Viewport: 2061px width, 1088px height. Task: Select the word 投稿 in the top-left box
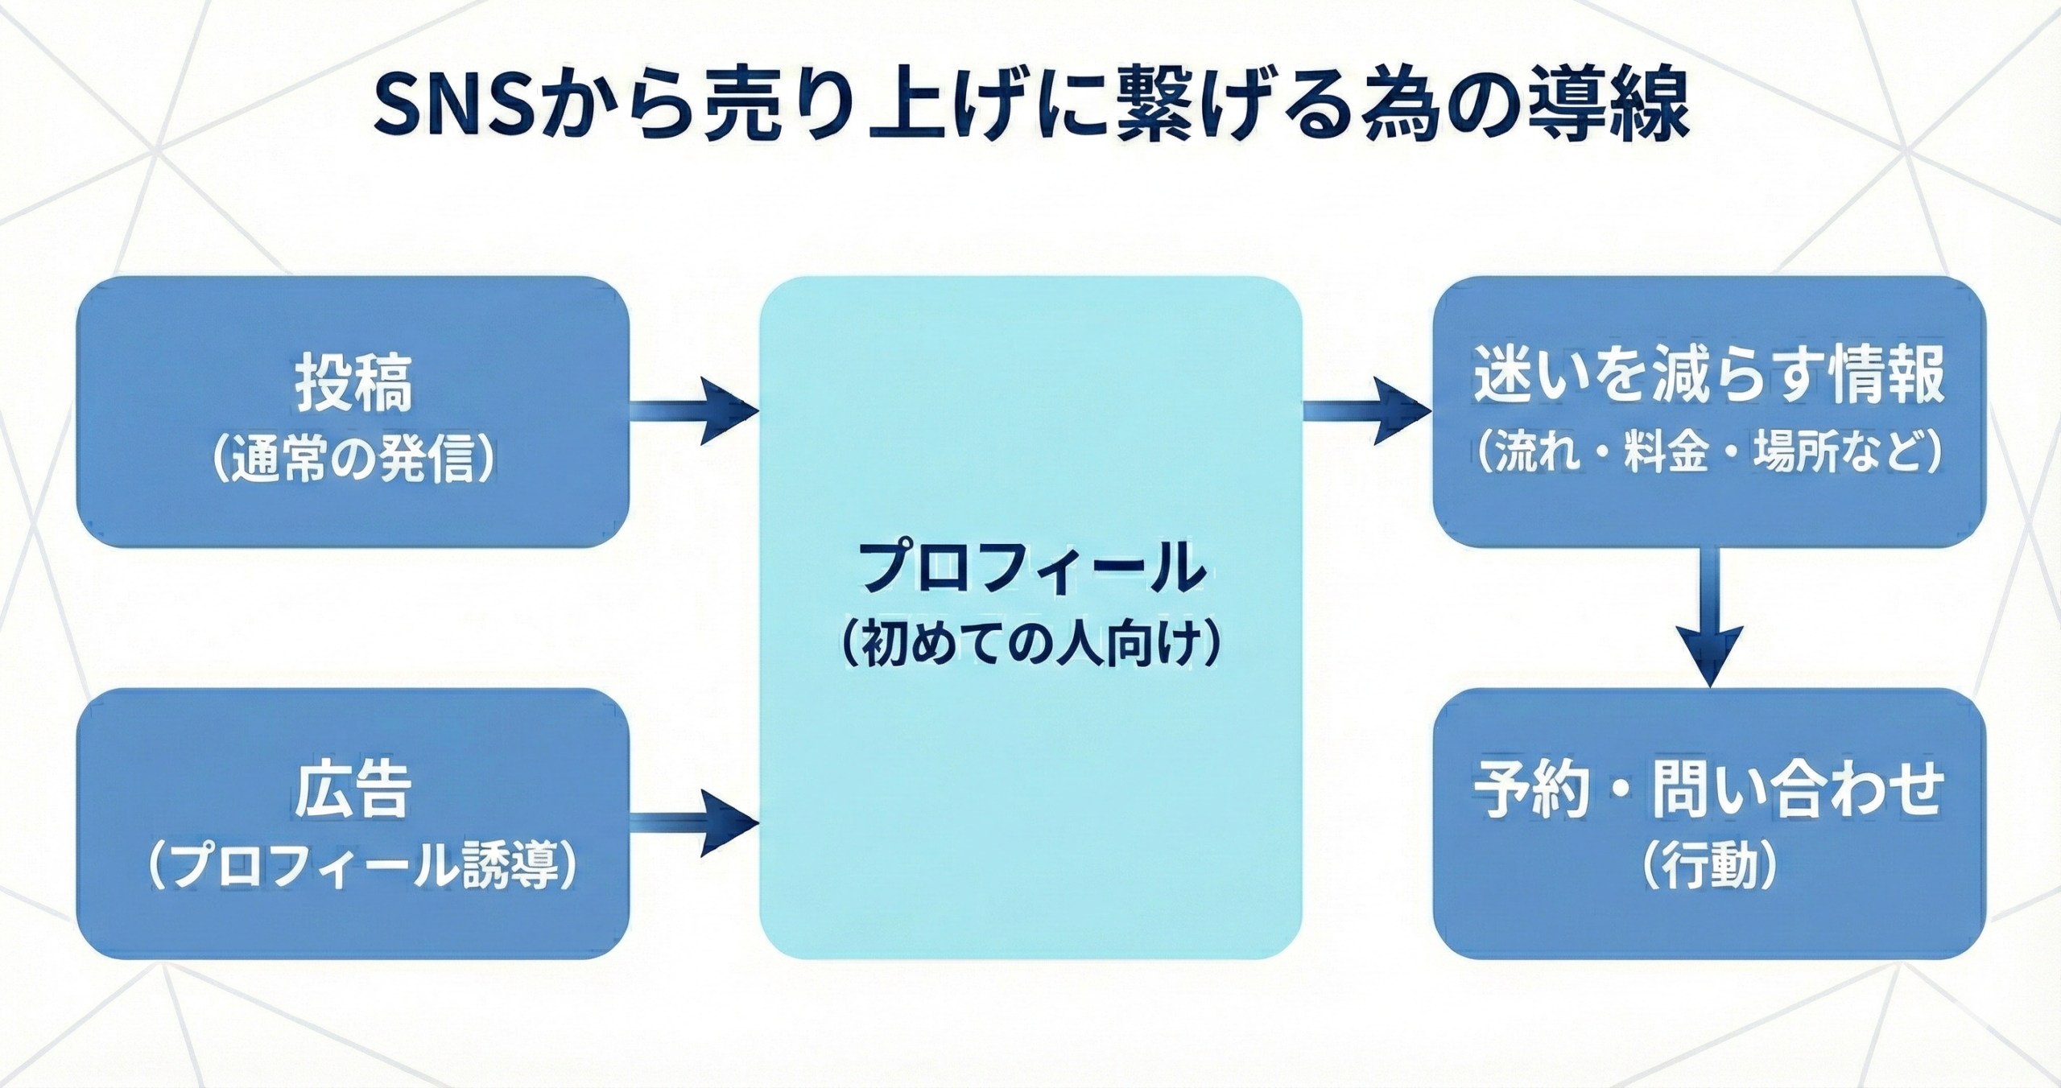[353, 381]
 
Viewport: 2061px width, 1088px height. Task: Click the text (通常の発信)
[353, 461]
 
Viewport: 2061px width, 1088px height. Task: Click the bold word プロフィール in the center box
[1031, 567]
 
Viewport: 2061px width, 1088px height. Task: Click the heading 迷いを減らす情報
[1709, 374]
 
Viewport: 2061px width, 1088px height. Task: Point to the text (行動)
[1709, 867]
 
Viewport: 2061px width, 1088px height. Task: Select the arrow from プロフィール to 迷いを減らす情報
[1367, 411]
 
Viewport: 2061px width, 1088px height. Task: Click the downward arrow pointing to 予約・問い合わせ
[1709, 620]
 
